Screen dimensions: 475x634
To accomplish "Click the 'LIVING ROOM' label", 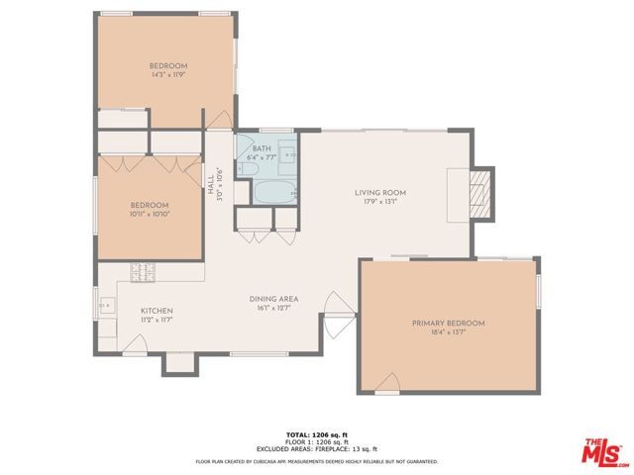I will (381, 193).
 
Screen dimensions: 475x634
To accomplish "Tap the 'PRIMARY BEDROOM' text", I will (449, 324).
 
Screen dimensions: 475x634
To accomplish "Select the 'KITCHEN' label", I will (157, 310).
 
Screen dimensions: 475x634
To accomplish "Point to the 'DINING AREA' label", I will (277, 299).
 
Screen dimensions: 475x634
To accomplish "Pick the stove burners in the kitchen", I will (143, 270).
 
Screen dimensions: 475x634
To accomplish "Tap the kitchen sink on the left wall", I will (104, 307).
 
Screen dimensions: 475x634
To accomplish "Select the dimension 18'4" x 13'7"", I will (449, 333).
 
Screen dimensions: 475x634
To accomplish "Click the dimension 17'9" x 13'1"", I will (381, 203).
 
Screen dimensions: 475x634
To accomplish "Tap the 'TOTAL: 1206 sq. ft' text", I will (316, 435).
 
